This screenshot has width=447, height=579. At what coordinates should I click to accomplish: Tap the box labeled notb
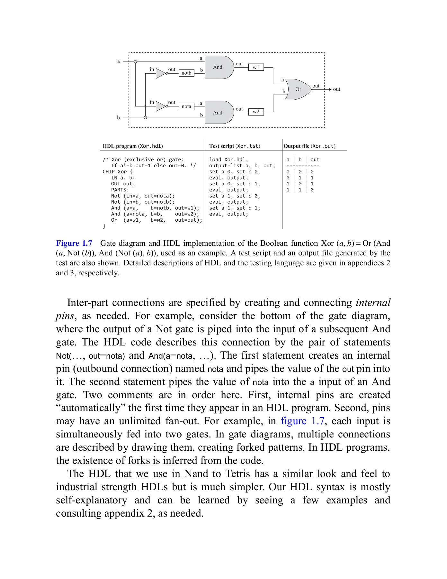tap(186, 73)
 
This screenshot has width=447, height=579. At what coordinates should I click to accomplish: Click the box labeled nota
tap(186, 106)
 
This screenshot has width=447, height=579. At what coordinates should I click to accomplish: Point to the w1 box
tap(256, 67)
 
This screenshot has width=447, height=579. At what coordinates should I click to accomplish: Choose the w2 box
tap(256, 112)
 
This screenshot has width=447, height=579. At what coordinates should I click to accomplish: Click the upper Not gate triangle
tap(160, 73)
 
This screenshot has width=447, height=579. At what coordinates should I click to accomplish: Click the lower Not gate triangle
tap(160, 106)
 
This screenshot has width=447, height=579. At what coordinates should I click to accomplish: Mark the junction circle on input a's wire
tap(135, 62)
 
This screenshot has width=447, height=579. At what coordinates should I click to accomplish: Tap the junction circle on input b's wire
tap(145, 118)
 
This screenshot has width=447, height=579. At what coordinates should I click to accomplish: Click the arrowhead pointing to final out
tap(330, 89)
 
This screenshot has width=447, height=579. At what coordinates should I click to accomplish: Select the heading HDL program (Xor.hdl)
tap(133, 146)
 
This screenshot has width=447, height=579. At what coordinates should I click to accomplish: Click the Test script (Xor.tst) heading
tap(235, 146)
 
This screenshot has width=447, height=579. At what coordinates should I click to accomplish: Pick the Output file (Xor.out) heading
tap(309, 146)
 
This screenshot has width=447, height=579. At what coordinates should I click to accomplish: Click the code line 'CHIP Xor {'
tap(118, 172)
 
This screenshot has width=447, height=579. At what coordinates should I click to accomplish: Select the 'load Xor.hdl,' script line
tap(228, 160)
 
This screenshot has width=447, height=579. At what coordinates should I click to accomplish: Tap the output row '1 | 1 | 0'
tap(300, 190)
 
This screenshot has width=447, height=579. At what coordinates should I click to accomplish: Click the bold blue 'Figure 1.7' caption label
tap(74, 243)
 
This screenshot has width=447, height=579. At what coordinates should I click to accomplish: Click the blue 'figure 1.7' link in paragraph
tap(302, 421)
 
